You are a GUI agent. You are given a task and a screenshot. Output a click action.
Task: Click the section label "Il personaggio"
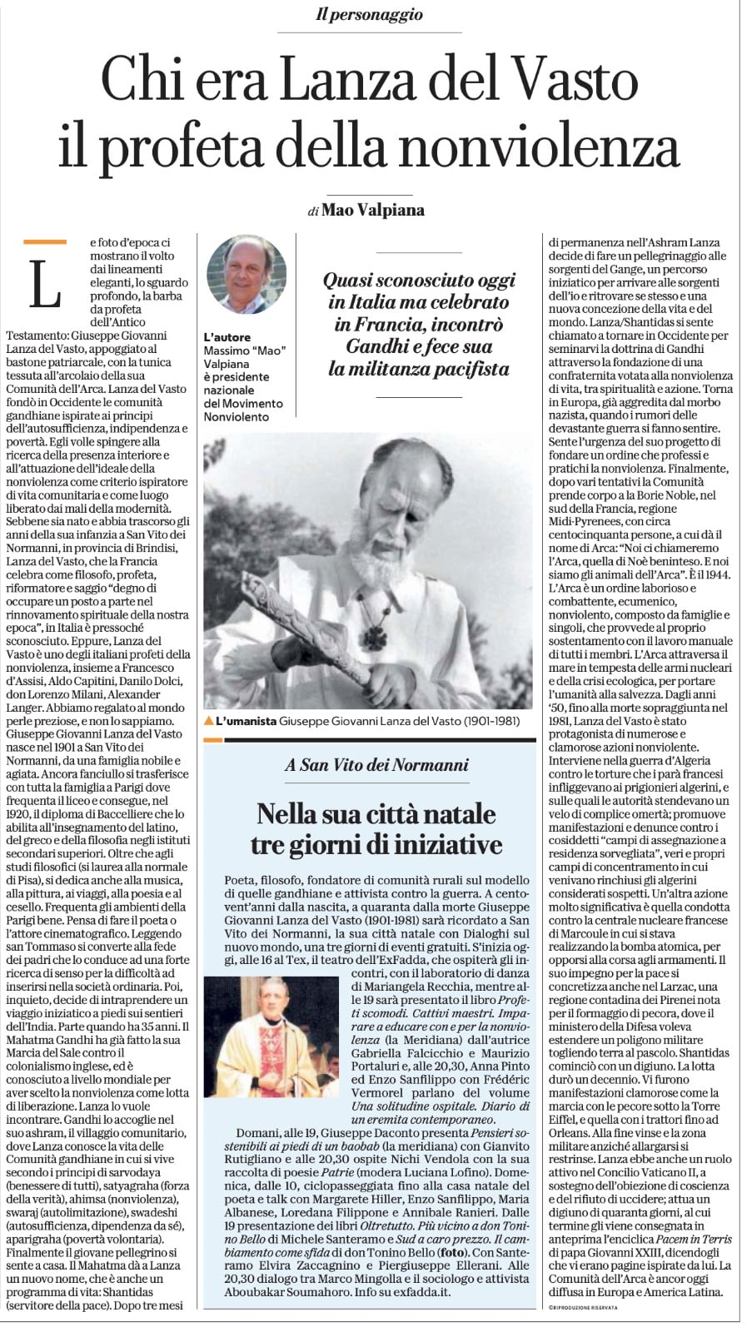(369, 14)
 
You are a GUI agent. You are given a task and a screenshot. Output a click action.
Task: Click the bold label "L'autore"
(227, 337)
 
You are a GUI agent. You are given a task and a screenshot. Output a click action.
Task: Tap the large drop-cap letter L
(46, 283)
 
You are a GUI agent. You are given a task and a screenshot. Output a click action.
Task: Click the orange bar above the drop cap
(45, 242)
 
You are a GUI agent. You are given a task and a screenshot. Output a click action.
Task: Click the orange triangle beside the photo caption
(208, 721)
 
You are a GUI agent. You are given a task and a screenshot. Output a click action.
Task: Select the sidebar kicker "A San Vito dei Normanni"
(376, 764)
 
